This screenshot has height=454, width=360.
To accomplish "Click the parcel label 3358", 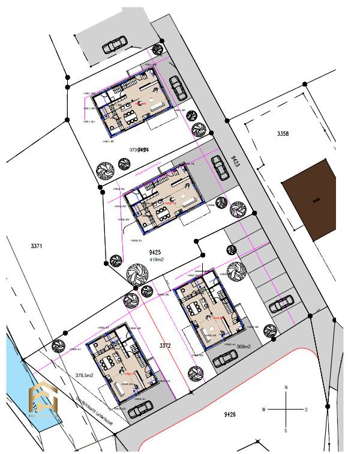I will pyautogui.click(x=283, y=134).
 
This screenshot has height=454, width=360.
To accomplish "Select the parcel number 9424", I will pyautogui.click(x=143, y=150).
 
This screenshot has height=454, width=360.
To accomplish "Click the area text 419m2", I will pyautogui.click(x=156, y=260).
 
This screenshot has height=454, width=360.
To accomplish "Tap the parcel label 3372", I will pyautogui.click(x=166, y=346).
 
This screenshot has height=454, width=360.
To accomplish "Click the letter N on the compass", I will pyautogui.click(x=287, y=388).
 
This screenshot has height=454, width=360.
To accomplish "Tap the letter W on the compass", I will pyautogui.click(x=263, y=410).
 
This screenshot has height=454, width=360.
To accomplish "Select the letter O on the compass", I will pyautogui.click(x=306, y=410).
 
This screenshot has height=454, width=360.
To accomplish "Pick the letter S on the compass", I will pyautogui.click(x=287, y=430).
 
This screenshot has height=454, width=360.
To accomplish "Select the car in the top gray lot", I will pyautogui.click(x=113, y=44).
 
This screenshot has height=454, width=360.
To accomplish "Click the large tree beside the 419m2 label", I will pyautogui.click(x=137, y=274).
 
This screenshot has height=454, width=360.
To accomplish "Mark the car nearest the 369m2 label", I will pyautogui.click(x=226, y=359).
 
